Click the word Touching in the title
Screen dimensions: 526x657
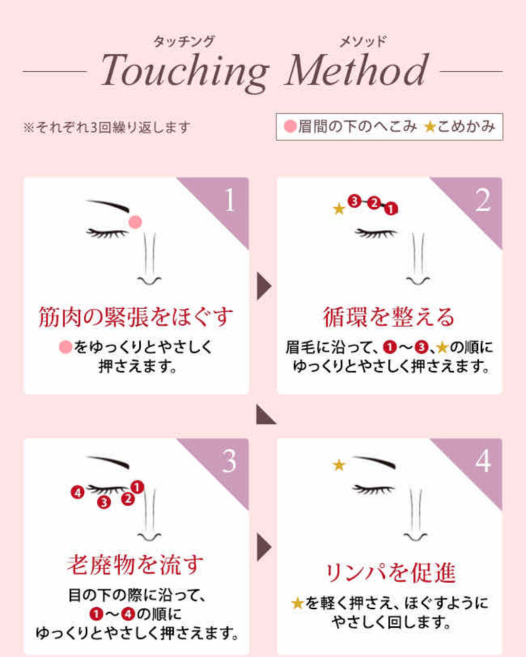click(185, 73)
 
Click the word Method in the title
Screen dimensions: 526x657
click(356, 70)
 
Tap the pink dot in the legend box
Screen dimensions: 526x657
click(290, 126)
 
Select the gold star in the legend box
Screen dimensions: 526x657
click(429, 127)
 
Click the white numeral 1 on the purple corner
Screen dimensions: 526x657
click(230, 200)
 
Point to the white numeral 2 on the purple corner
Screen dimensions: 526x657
click(483, 200)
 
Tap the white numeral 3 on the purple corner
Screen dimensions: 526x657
click(230, 461)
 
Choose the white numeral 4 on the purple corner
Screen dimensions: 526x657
click(483, 461)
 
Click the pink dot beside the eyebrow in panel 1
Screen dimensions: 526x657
click(135, 222)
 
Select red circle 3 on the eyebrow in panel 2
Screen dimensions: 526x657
click(354, 201)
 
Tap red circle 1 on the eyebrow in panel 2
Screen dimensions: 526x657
click(391, 209)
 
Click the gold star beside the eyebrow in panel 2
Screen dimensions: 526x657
click(339, 209)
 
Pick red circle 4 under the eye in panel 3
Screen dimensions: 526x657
click(78, 492)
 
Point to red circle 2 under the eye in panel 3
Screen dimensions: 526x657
click(128, 499)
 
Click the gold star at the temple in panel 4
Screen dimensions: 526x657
click(339, 465)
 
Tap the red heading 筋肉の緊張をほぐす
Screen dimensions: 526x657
click(136, 317)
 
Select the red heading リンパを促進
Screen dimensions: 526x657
click(390, 573)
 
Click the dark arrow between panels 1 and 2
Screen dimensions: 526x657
click(263, 286)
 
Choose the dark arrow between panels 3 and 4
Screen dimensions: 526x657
click(263, 547)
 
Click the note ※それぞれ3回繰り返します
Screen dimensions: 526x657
click(107, 127)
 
